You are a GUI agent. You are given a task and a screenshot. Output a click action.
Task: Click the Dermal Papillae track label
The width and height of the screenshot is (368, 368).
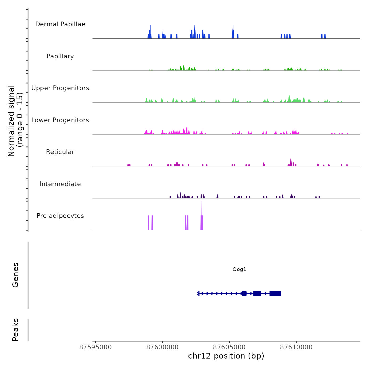[60, 24]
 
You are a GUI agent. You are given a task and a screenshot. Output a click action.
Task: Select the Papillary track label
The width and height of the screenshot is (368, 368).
[60, 56]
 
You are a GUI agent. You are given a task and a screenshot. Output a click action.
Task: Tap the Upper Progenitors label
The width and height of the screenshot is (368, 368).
[60, 88]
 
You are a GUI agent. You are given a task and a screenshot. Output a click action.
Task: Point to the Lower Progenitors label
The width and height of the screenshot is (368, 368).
[60, 120]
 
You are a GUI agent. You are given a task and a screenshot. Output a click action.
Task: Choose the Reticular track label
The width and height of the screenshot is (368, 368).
[60, 152]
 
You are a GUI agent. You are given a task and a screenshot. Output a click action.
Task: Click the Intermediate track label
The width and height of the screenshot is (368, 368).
[60, 184]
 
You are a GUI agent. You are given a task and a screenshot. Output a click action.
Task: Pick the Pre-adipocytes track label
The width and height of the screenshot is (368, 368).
[60, 216]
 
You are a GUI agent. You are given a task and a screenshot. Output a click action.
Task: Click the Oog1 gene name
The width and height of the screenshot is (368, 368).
[239, 269]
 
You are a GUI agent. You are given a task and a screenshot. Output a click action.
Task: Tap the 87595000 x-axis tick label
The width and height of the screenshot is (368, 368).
[95, 347]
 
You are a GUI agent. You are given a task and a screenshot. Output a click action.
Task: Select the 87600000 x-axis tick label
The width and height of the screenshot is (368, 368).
[162, 347]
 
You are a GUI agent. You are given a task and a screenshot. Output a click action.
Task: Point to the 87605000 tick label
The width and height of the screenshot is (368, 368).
[229, 347]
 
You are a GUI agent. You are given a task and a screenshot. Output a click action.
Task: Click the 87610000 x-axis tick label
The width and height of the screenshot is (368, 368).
[297, 347]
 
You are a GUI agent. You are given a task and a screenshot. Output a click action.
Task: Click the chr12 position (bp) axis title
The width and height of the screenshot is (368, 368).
[226, 356]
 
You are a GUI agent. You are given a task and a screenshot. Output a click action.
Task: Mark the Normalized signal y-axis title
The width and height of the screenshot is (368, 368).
[15, 121]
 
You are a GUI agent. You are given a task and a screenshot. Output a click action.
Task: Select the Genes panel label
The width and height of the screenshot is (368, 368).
[16, 275]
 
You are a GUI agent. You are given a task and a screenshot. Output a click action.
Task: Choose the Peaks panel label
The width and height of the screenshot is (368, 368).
[16, 330]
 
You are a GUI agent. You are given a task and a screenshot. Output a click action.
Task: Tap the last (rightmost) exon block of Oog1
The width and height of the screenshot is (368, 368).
[275, 293]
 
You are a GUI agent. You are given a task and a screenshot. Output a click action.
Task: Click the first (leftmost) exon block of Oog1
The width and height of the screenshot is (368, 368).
[244, 293]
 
